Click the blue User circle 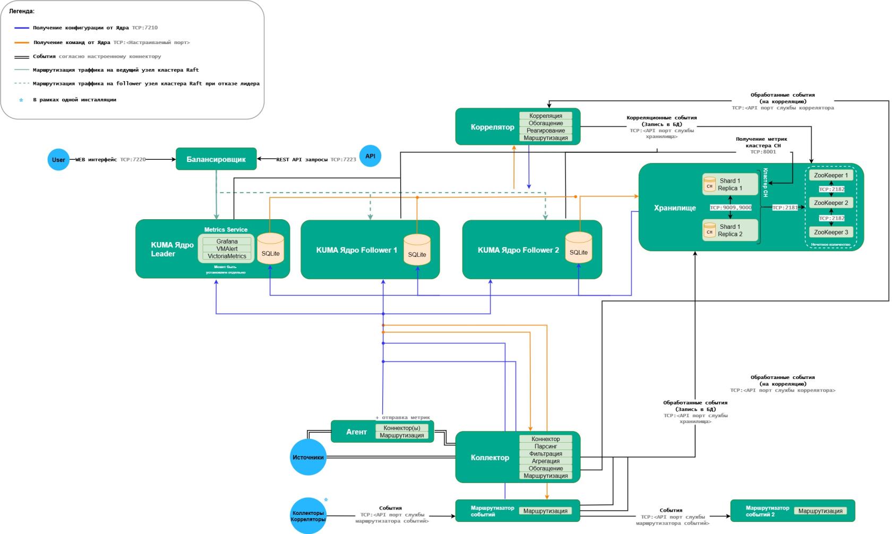point(58,160)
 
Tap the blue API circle point(370,156)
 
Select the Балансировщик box point(216,159)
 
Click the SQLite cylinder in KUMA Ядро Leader point(271,249)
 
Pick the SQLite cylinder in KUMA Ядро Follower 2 point(578,248)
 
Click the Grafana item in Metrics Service point(227,242)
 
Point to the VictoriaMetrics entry point(227,256)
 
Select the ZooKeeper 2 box point(831,203)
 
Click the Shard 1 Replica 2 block point(730,230)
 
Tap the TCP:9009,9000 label point(731,208)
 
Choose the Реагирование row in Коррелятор point(545,131)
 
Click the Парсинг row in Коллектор point(545,446)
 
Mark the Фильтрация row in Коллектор point(545,454)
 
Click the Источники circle point(308,457)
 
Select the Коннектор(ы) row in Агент point(401,428)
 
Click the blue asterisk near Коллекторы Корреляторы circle point(326,500)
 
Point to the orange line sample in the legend point(22,42)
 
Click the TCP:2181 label point(785,208)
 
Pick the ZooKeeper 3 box point(831,232)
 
